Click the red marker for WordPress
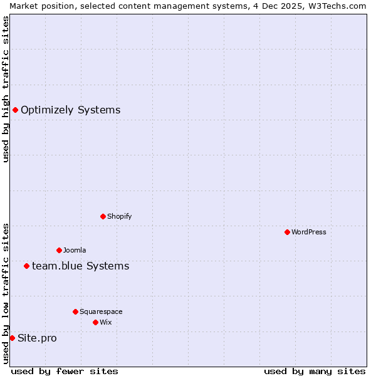coord(287,232)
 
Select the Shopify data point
coord(103,216)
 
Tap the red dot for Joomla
coord(59,250)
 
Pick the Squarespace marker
coord(75,311)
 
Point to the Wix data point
coord(95,322)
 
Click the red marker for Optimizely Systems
coord(15,110)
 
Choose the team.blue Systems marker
coord(26,266)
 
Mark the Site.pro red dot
coord(12,338)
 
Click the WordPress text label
coord(309,232)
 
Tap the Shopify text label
coord(119,216)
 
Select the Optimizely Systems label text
coord(70,110)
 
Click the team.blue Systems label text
coord(80,266)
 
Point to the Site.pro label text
coord(37,338)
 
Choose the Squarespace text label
coord(101,311)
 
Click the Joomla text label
coord(75,250)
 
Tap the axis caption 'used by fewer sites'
coord(65,371)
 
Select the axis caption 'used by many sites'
coord(315,371)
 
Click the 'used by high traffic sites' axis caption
coord(6,89)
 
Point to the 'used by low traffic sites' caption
coord(6,293)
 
